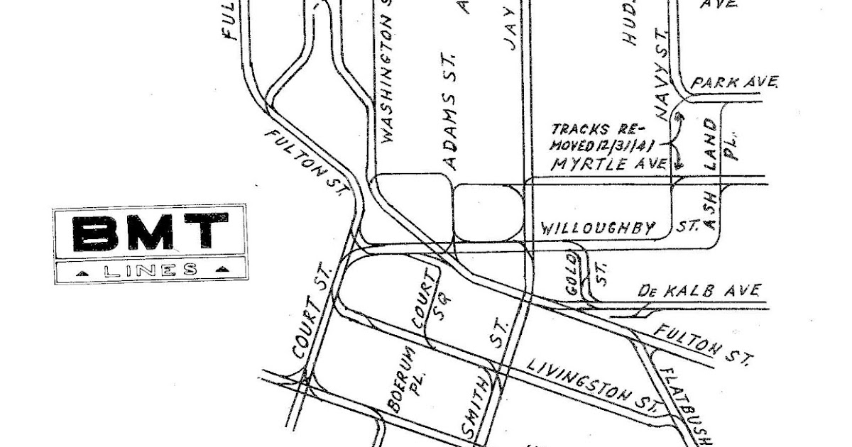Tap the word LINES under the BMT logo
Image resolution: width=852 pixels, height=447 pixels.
[x=150, y=270]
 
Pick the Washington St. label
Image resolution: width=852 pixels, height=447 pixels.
[x=388, y=74]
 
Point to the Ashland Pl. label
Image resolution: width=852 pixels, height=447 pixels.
[x=719, y=177]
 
